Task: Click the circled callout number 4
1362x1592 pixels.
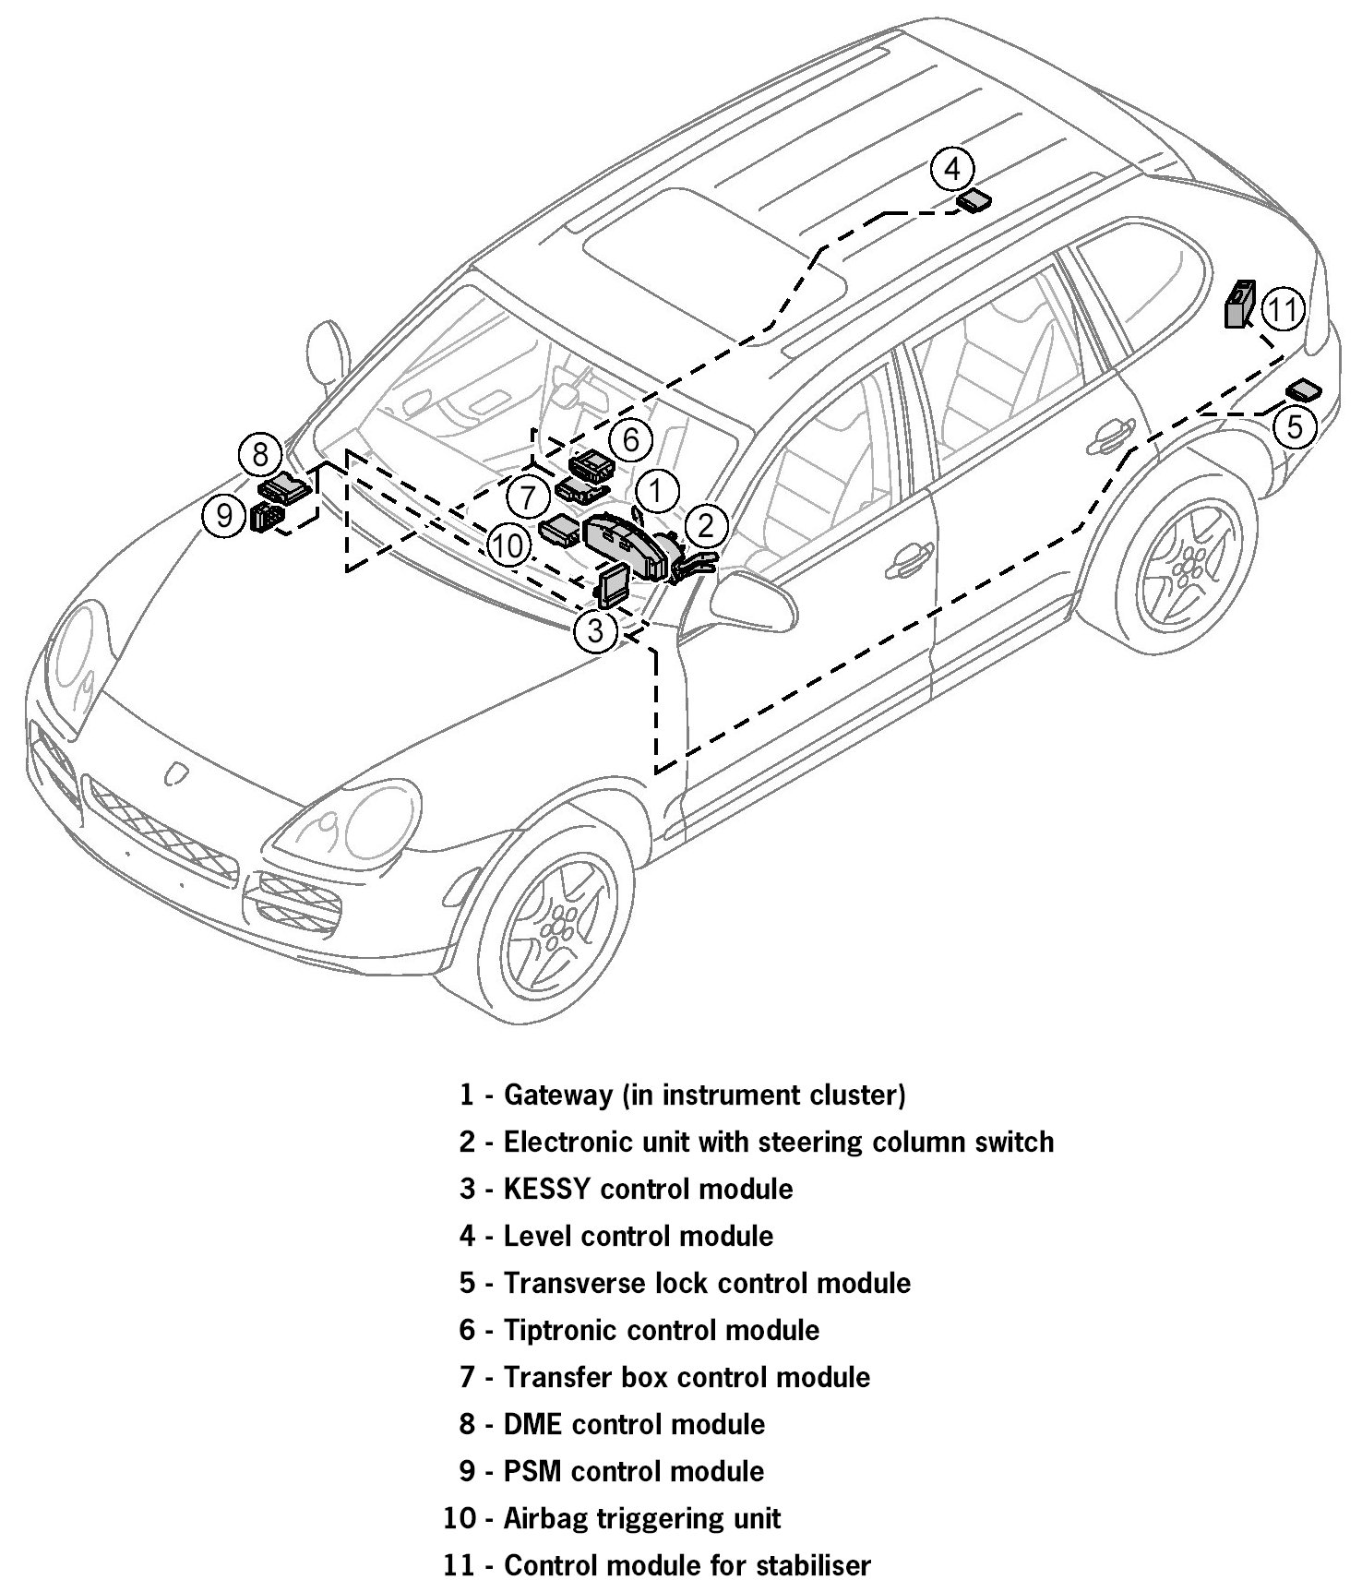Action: [952, 169]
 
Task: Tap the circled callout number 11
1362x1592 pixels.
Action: [1282, 310]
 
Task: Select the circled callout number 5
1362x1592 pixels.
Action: [1296, 426]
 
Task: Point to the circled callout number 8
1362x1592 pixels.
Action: [260, 454]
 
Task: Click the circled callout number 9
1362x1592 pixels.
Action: [224, 516]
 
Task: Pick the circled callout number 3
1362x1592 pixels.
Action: [595, 631]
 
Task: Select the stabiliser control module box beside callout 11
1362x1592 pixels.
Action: [1239, 305]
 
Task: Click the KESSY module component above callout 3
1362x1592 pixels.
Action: [614, 583]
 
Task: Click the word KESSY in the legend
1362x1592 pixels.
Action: [546, 1188]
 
